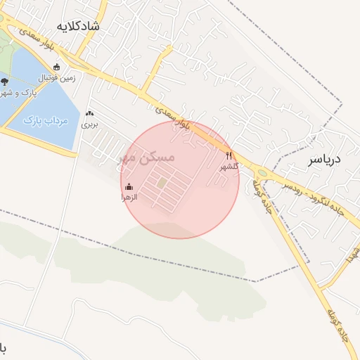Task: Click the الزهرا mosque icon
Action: (129, 187)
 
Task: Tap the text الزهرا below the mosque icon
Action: (129, 198)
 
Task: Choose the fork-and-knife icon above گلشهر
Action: (229, 155)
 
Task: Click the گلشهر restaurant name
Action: (229, 167)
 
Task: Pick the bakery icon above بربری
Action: (89, 114)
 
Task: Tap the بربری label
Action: (89, 124)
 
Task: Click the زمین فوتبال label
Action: (56, 77)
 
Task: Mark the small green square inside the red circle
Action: (162, 184)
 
